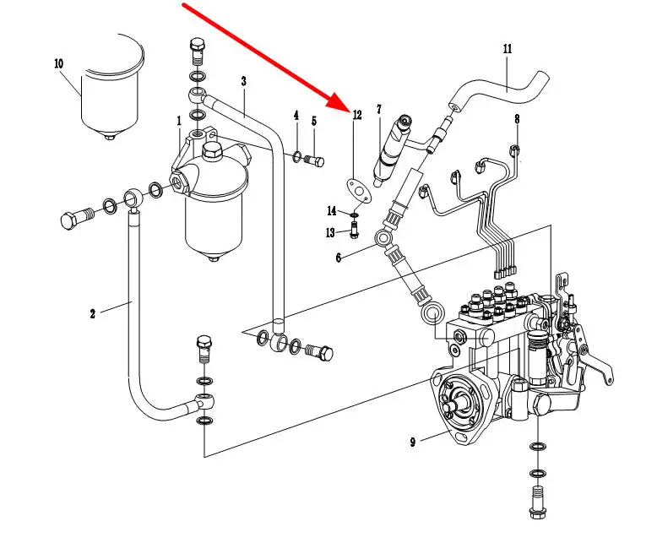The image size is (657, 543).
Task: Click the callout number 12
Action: [357, 115]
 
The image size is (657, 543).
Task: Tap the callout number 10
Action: [58, 63]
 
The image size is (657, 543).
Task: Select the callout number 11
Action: [508, 49]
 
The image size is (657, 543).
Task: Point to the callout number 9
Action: [413, 442]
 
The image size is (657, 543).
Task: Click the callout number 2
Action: [93, 313]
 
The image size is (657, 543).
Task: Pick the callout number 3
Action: [244, 81]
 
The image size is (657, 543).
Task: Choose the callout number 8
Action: [517, 119]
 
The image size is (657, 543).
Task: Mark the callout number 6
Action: [339, 258]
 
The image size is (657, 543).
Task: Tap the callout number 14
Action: [331, 211]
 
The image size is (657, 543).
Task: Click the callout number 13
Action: [330, 232]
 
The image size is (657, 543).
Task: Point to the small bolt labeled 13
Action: [355, 230]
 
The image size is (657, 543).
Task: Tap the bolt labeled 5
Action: [316, 160]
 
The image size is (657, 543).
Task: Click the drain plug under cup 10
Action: [110, 137]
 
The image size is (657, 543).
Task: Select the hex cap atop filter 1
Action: [213, 151]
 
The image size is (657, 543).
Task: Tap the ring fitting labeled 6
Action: [383, 239]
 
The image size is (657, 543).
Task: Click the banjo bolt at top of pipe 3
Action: [198, 51]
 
